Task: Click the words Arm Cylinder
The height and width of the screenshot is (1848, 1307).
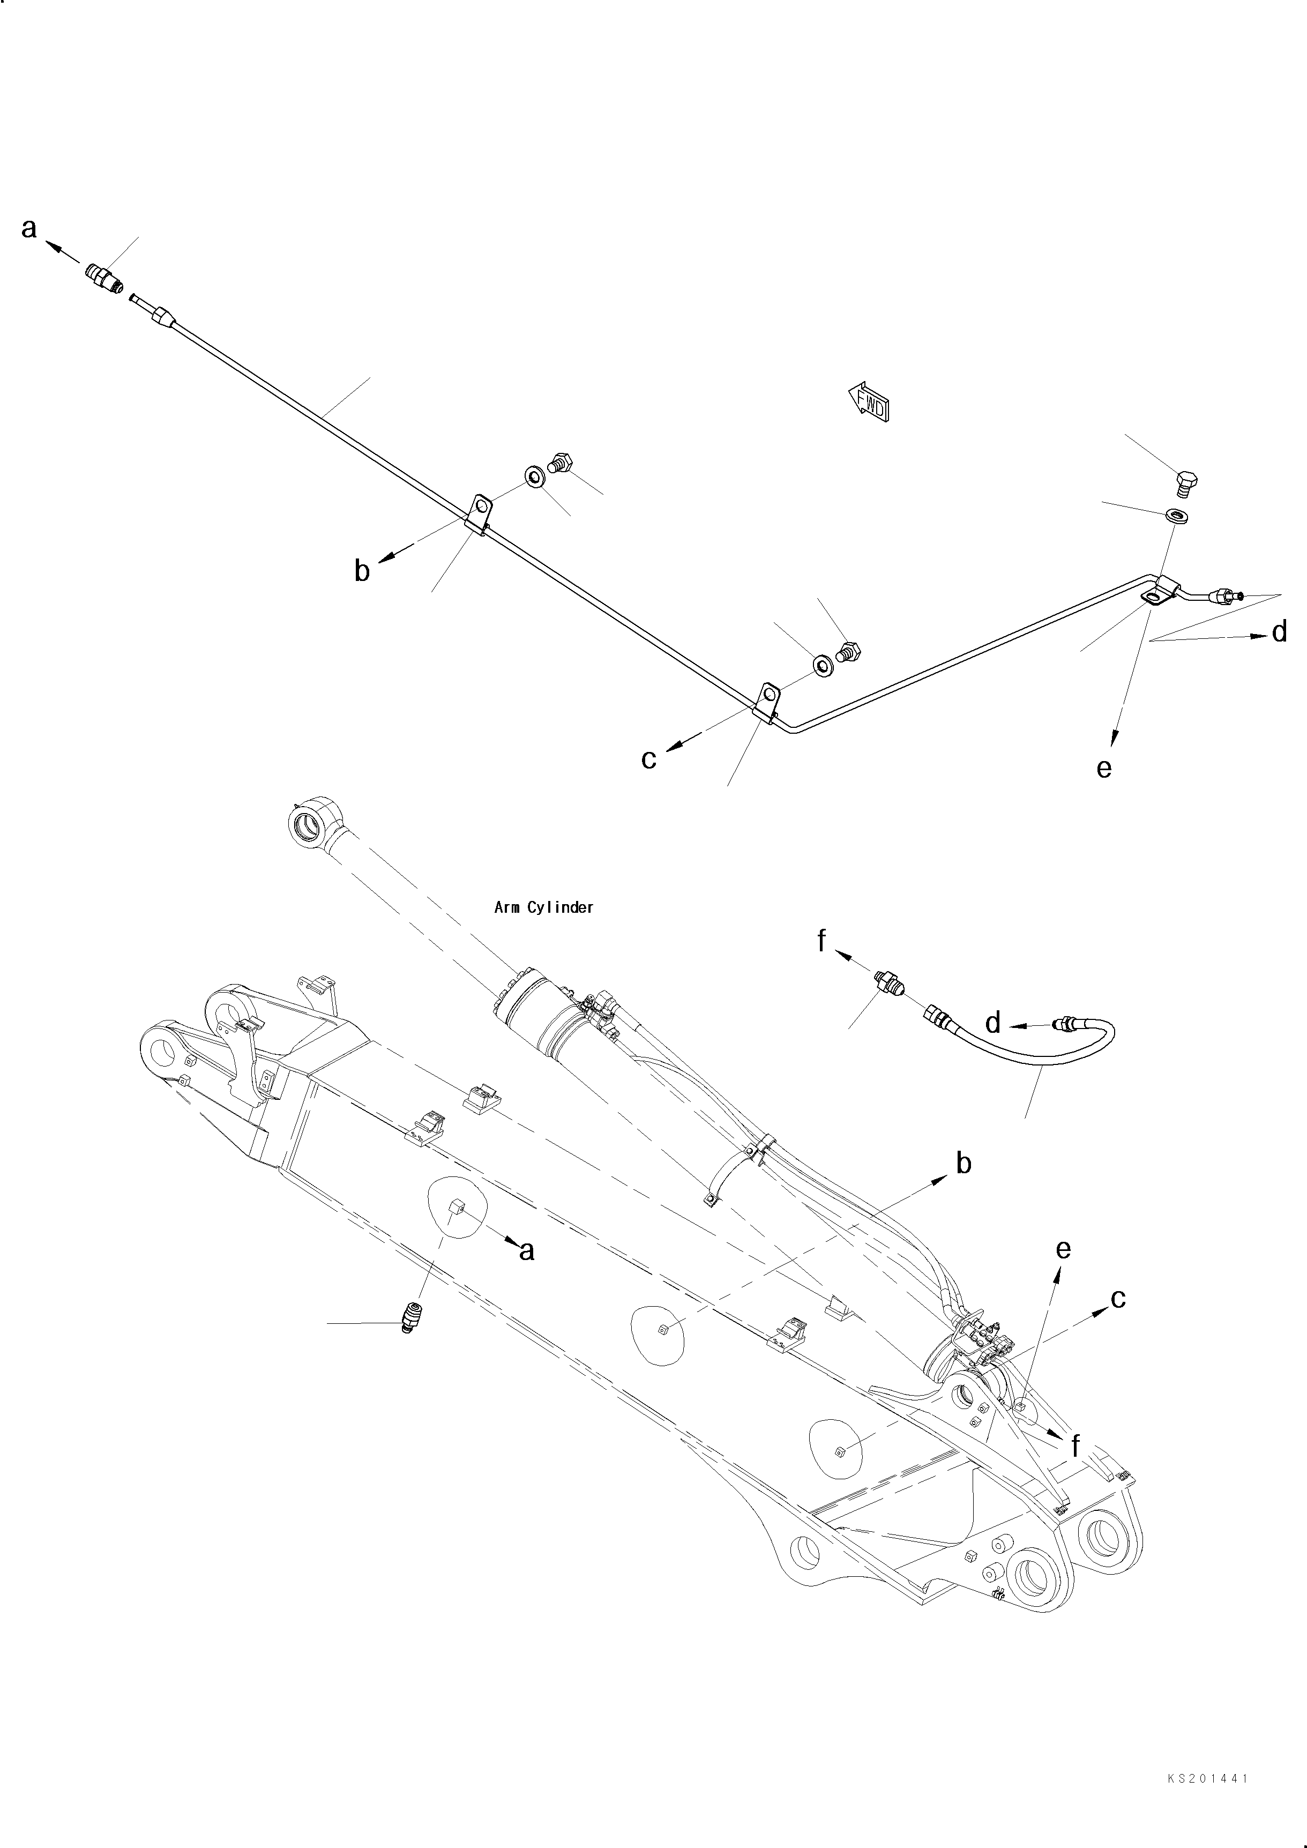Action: (543, 907)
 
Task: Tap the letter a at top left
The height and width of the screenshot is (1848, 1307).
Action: (29, 229)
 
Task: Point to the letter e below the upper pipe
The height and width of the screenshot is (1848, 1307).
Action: (1104, 769)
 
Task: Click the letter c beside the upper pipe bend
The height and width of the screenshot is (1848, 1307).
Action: (648, 759)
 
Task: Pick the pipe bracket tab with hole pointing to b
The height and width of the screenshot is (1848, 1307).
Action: (481, 511)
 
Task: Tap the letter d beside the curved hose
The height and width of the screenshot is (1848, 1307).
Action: (993, 1024)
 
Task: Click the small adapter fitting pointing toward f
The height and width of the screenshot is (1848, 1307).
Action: (888, 981)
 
